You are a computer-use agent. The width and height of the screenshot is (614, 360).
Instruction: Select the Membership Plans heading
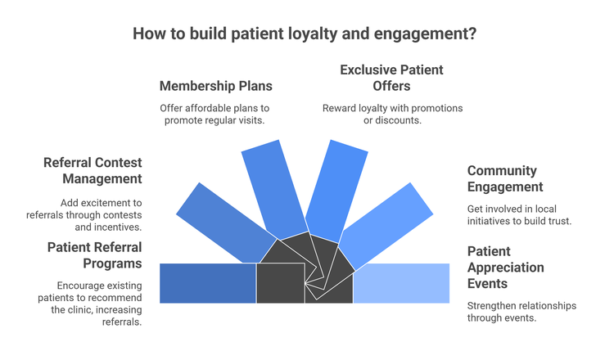pos(216,86)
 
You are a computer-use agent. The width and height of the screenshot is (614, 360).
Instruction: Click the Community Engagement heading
pos(502,178)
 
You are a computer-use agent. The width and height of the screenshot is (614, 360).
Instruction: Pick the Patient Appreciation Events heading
pos(506,267)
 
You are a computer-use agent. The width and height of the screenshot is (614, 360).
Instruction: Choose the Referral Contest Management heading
pos(93,170)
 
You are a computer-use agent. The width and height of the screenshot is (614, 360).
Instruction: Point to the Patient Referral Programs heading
pos(94,255)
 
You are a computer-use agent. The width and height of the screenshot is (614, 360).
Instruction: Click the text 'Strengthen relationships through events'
pos(521,312)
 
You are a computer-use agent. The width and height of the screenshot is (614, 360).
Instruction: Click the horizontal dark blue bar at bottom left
pos(208,283)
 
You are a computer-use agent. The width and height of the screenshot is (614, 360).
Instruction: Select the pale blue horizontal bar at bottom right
pos(401,283)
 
